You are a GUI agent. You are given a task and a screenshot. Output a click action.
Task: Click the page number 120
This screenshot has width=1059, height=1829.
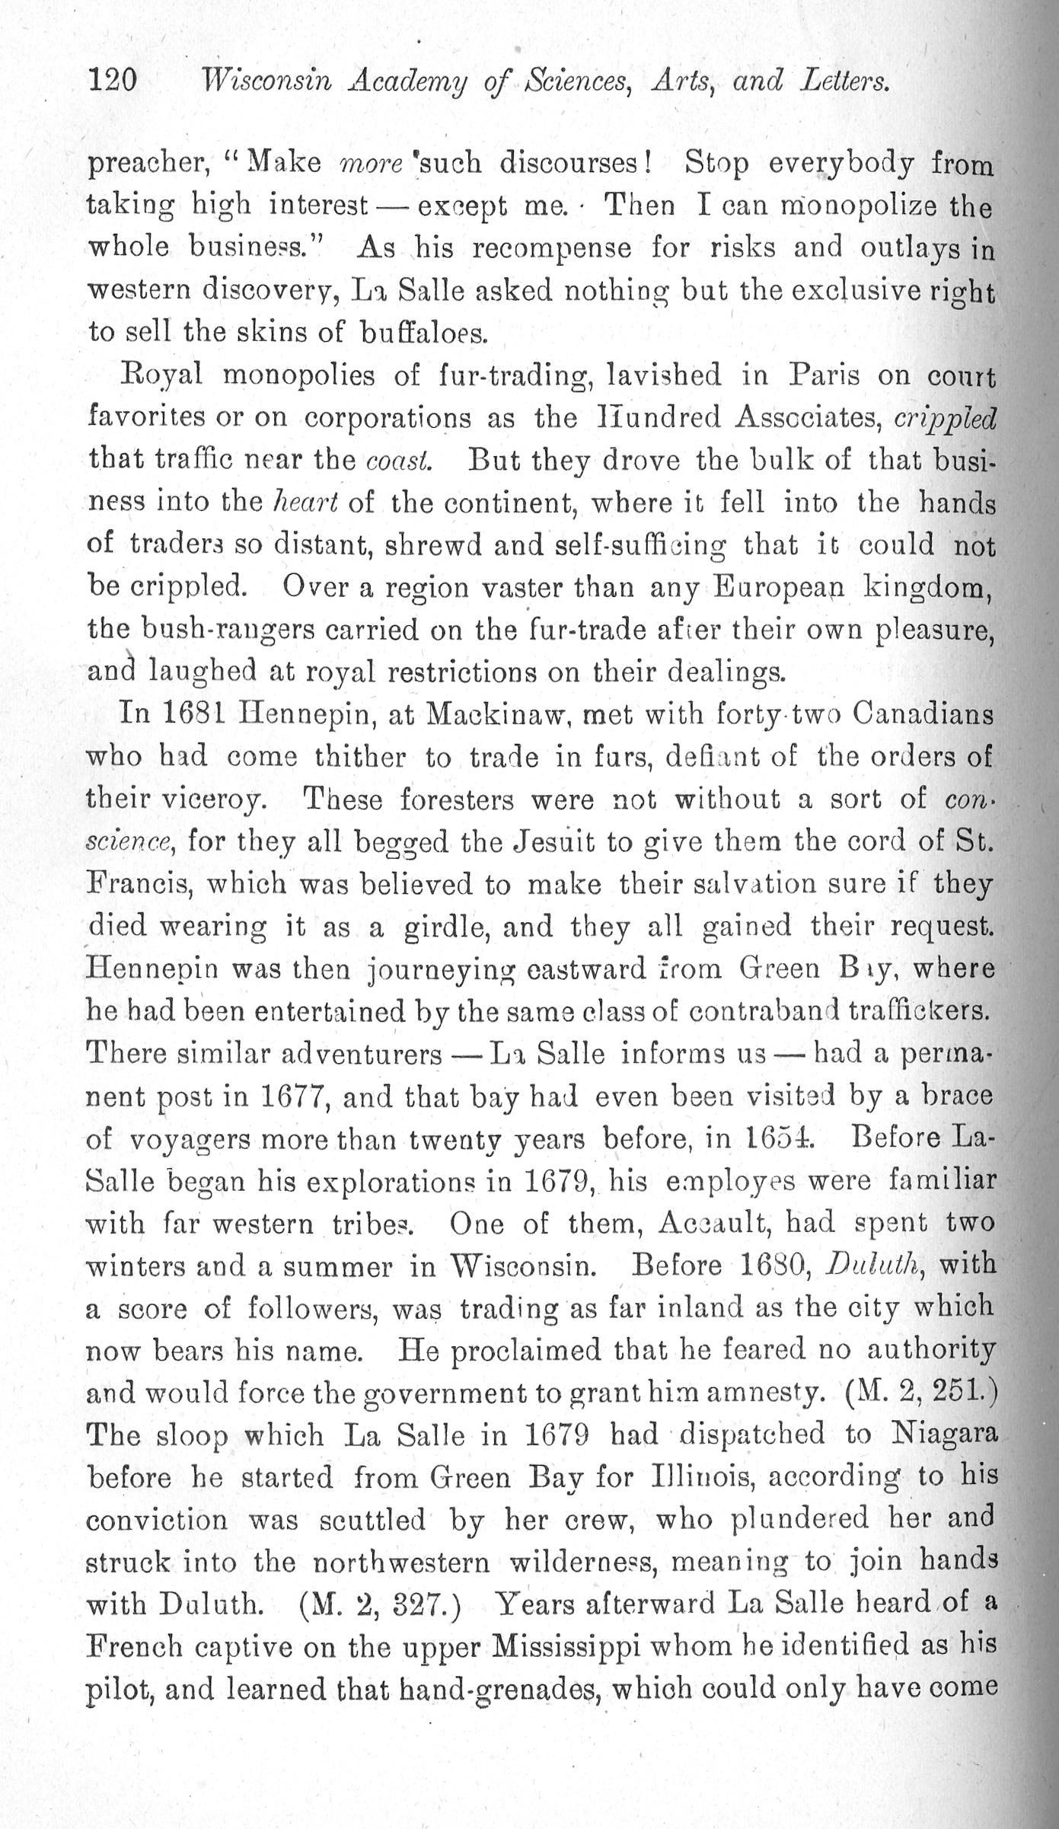click(x=113, y=79)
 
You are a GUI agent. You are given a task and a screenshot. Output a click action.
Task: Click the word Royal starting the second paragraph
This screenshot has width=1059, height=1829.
click(x=161, y=375)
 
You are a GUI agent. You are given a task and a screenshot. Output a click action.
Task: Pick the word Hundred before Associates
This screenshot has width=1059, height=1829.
click(x=646, y=418)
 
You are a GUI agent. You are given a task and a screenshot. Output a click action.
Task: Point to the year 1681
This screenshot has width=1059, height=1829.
click(x=193, y=714)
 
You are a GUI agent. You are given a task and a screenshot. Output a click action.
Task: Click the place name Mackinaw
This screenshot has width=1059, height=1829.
click(x=496, y=714)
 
